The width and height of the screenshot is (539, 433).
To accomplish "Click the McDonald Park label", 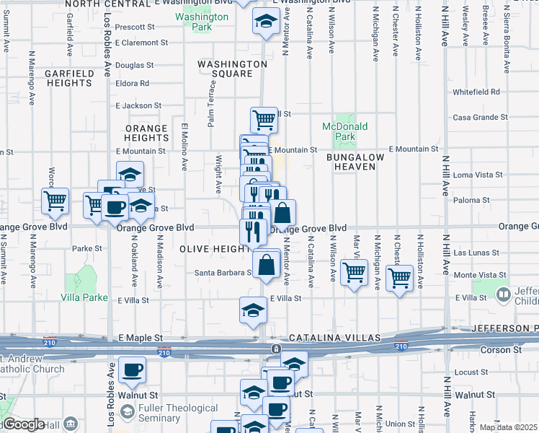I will click(x=345, y=131).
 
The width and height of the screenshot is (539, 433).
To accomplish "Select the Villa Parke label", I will click(x=84, y=297).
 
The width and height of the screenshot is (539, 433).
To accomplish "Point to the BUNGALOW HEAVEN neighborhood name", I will click(x=351, y=162).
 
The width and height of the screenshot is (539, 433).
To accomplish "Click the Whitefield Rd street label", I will click(x=476, y=92).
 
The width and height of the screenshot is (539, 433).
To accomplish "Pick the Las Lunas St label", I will click(x=476, y=253).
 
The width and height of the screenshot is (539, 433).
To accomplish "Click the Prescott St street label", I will click(x=135, y=27).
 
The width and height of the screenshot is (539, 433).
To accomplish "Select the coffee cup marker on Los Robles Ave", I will click(x=131, y=370).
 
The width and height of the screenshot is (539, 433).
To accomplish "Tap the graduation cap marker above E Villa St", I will click(x=253, y=310).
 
